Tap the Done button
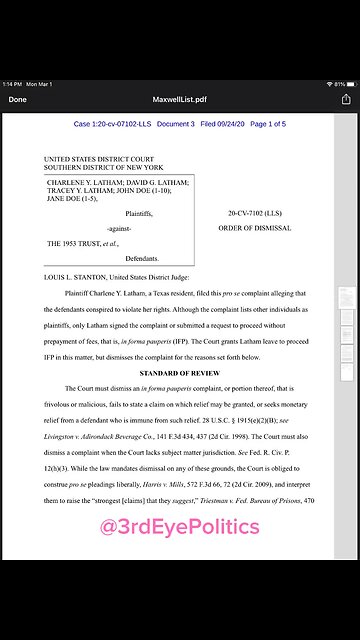18,100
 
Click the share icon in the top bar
346,99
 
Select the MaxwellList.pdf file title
180,100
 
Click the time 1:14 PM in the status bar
13,83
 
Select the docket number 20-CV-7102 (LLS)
254,213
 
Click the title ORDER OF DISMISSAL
254,228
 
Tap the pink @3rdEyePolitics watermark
180,527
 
